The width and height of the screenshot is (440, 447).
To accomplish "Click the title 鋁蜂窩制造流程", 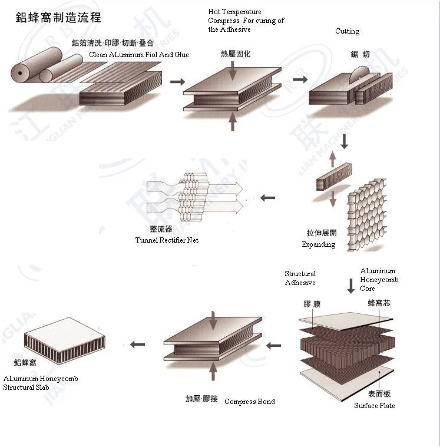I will tap(58, 18).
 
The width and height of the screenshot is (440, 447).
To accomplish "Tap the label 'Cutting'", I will tap(347, 31).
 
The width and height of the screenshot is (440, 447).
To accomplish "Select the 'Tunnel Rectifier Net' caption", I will tap(167, 240).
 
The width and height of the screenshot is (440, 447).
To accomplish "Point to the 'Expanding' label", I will tap(318, 244).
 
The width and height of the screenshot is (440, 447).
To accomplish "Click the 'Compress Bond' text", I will tap(249, 402).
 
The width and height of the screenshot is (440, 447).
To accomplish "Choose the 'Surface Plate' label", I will tap(374, 406).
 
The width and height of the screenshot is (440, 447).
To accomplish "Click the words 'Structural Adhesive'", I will tap(300, 278).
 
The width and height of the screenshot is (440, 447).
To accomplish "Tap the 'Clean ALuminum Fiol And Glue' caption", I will tap(139, 55).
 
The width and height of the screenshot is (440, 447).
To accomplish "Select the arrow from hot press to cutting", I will tap(300, 78).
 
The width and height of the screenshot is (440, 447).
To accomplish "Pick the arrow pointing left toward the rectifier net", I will tap(267, 198).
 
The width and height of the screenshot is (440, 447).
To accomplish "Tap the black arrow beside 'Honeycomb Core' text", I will tap(350, 286).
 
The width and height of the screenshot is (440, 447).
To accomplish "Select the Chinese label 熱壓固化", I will tap(235, 54).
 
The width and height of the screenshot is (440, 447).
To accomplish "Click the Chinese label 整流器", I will tap(161, 229).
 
